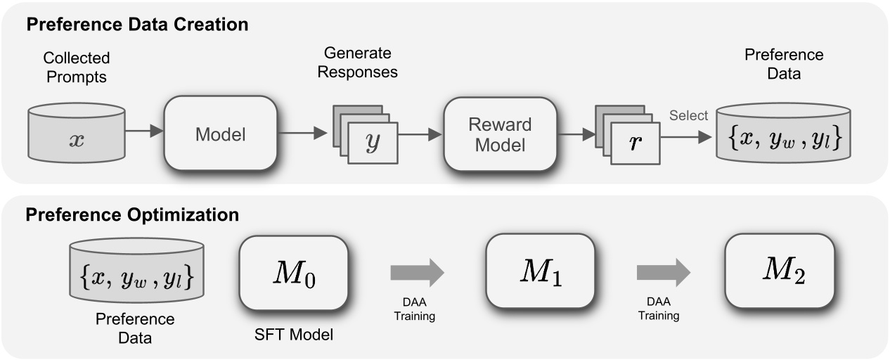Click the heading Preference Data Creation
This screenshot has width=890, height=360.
[137, 25]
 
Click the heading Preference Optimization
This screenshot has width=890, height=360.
[132, 214]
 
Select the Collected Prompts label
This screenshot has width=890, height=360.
[77, 67]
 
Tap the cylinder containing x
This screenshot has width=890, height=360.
[77, 137]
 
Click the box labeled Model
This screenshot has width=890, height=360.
[220, 134]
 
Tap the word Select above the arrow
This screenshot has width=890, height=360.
[688, 115]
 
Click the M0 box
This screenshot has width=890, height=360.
[294, 271]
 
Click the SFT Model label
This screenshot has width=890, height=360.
[293, 335]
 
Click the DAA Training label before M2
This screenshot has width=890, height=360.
[658, 309]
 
